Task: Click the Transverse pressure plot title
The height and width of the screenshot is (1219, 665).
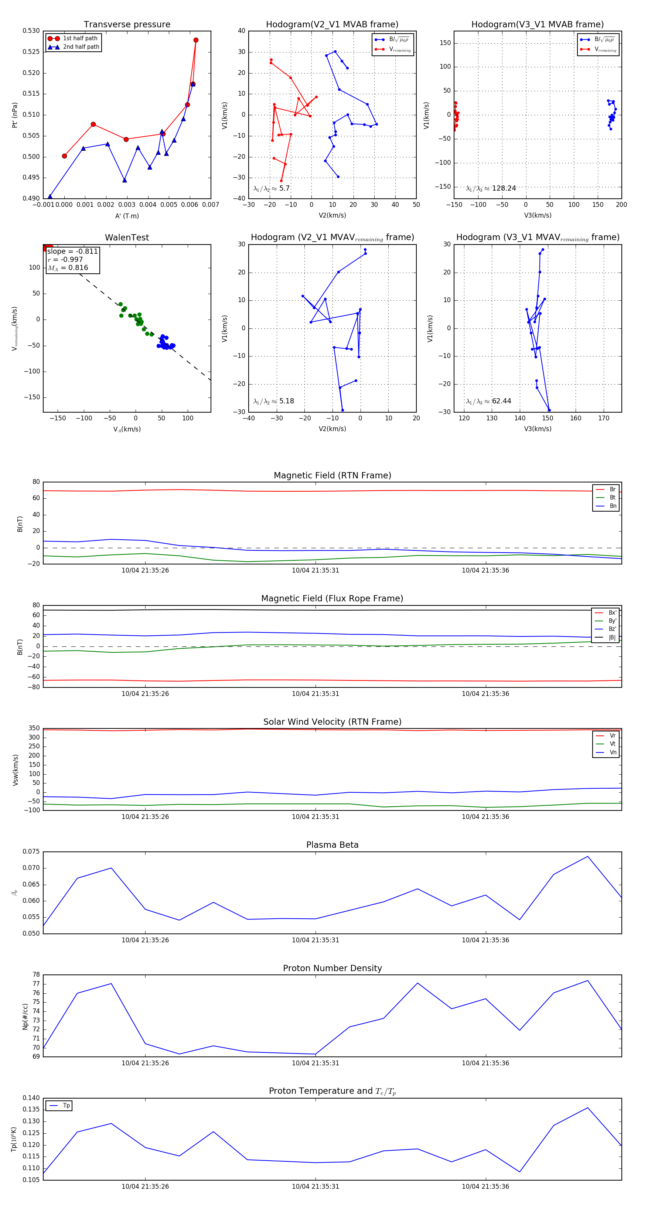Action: pyautogui.click(x=127, y=25)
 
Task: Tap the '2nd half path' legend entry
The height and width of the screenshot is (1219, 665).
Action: pyautogui.click(x=81, y=47)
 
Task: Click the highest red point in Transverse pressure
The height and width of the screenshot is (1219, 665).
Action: pyautogui.click(x=196, y=40)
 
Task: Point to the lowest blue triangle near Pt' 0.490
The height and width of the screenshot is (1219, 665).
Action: pyautogui.click(x=50, y=197)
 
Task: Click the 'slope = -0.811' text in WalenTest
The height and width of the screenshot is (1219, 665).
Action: pyautogui.click(x=72, y=251)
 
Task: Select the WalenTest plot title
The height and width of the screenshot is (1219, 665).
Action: pyautogui.click(x=127, y=238)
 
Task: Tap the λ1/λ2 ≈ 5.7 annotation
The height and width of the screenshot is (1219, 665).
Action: pyautogui.click(x=271, y=188)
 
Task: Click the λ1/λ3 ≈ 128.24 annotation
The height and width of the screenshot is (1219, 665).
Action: pyautogui.click(x=491, y=188)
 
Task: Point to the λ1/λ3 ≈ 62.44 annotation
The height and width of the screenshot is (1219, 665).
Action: pyautogui.click(x=488, y=401)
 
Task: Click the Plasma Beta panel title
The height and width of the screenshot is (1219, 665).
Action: pyautogui.click(x=332, y=845)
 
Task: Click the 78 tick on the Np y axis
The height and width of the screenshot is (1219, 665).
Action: pyautogui.click(x=36, y=975)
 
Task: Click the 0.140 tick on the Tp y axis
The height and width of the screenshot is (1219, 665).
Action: pyautogui.click(x=31, y=1098)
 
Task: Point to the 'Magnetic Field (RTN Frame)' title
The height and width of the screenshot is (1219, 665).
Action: pyautogui.click(x=332, y=475)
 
